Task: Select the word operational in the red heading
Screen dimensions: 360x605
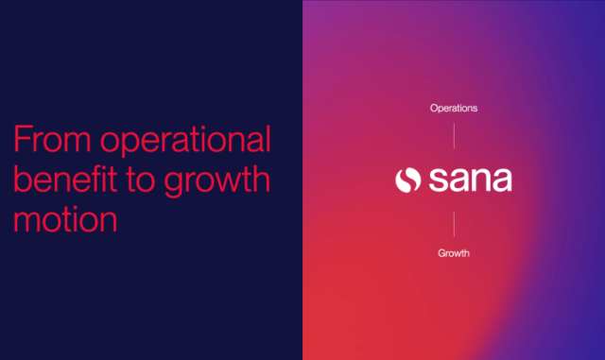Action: [185, 143]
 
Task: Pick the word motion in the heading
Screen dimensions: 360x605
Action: [66, 218]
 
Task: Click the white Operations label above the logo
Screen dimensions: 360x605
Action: [454, 108]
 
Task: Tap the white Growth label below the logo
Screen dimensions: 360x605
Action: [454, 253]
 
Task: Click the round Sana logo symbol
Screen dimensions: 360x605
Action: [407, 180]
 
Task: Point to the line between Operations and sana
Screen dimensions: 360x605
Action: [454, 136]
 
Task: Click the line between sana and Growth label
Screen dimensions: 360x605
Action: [454, 223]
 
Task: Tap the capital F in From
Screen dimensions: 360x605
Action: [21, 141]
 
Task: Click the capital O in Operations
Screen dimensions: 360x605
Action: [434, 108]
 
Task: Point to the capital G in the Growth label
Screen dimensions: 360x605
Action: [441, 253]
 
